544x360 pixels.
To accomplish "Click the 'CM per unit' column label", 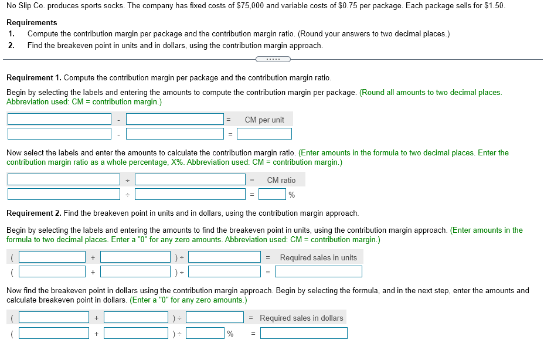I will point(264,120).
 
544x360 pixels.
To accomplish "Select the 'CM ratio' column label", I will point(281,180).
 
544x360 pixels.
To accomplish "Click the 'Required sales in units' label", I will point(318,257).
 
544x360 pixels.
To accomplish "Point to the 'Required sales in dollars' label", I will point(301,318).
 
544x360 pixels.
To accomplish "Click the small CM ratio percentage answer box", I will point(272,194).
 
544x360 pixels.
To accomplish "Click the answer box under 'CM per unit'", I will point(264,134).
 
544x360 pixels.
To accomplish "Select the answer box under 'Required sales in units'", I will point(318,271).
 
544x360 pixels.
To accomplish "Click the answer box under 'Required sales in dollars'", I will point(304,333).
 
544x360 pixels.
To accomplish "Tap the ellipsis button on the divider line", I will point(273,59).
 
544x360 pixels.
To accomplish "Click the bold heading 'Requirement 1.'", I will point(33,78).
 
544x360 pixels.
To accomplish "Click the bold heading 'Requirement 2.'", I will point(33,213).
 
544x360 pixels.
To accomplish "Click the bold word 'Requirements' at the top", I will point(32,23).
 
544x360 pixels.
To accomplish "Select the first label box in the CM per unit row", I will point(59,120).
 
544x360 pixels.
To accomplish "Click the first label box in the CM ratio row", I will point(63,180).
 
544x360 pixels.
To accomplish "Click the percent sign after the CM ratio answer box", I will point(291,195).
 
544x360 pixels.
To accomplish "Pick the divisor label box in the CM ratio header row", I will point(190,180).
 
